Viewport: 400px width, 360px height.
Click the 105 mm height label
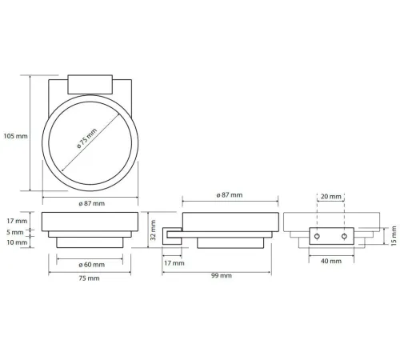[x=15, y=136]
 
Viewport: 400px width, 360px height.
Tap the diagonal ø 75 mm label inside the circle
[x=86, y=138]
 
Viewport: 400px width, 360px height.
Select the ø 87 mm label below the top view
[x=92, y=203]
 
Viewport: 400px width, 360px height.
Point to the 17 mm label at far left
[x=17, y=221]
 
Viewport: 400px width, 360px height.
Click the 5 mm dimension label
[x=15, y=232]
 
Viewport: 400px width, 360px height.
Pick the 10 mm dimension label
[x=17, y=242]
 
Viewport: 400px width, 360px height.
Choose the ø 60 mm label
[x=92, y=265]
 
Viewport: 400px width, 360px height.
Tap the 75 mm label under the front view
[x=89, y=278]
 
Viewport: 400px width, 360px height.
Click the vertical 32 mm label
[x=153, y=230]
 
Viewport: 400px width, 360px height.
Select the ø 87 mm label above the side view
[x=230, y=195]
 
